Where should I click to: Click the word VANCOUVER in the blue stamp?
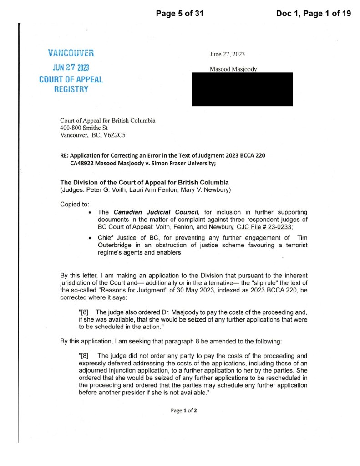click(x=71, y=53)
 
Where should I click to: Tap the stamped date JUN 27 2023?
click(x=71, y=67)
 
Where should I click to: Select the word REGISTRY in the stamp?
click(x=71, y=89)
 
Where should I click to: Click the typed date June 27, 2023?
click(x=227, y=54)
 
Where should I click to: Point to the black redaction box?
click(x=242, y=89)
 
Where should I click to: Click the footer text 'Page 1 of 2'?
click(x=184, y=410)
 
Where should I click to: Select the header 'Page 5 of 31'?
click(x=179, y=14)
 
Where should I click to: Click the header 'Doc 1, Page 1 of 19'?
click(x=313, y=14)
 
